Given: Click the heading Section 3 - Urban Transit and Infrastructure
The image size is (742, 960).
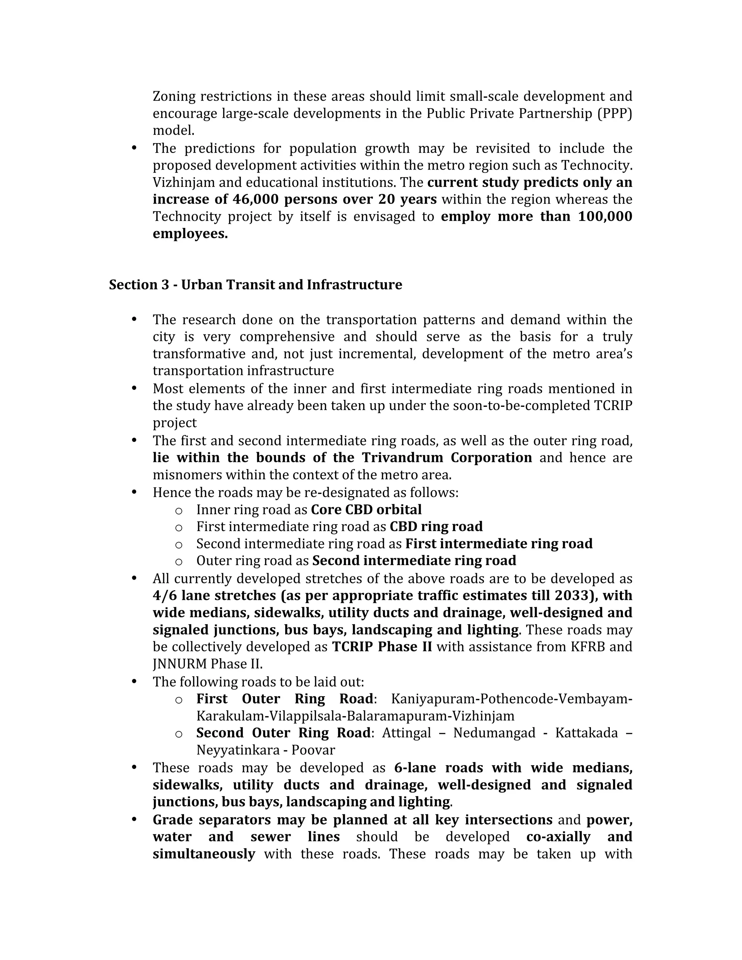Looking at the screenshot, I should (255, 285).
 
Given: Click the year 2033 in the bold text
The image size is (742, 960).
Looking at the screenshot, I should (575, 596).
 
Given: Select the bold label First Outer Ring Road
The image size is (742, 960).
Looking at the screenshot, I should (284, 699).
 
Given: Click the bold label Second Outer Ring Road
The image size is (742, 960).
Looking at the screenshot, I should (283, 733).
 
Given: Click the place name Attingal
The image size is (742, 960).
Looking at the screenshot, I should (407, 733).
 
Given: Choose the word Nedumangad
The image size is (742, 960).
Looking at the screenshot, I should (494, 733).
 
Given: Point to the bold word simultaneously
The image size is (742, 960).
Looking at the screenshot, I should (204, 854).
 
